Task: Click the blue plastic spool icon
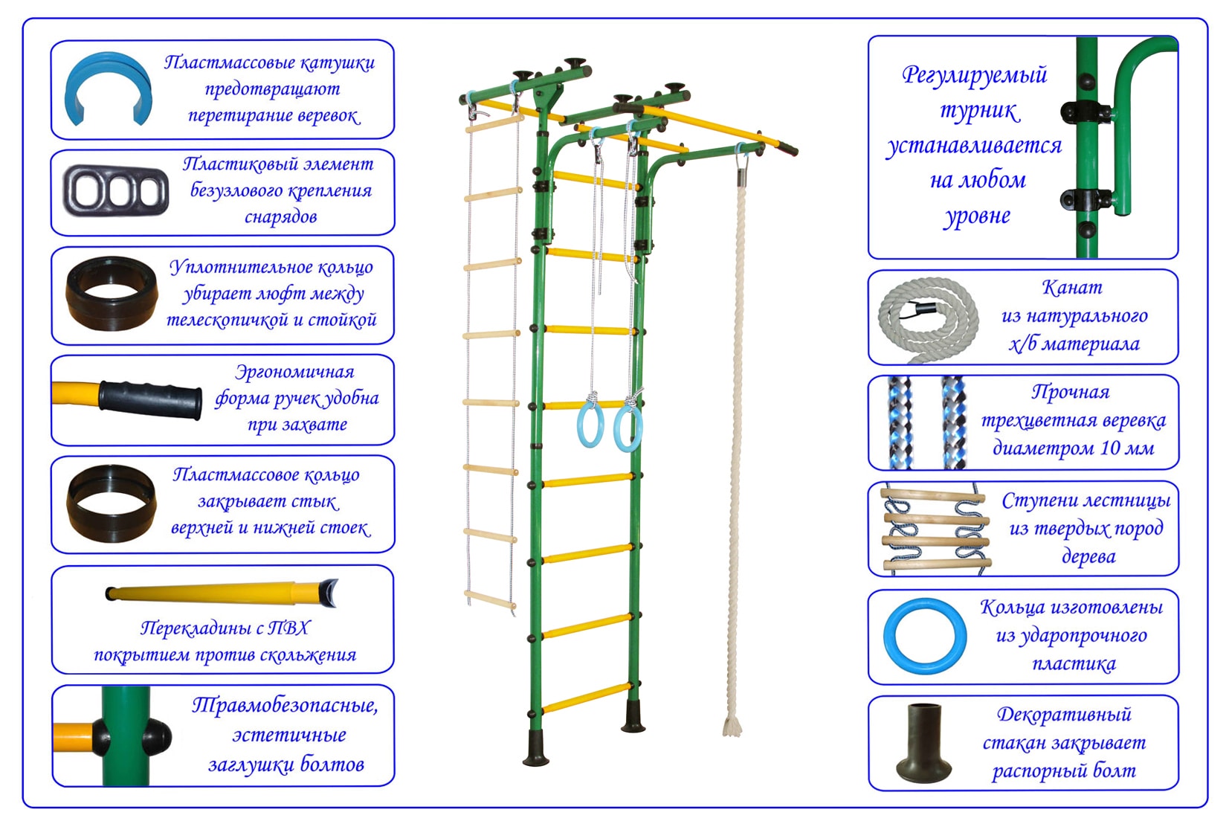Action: tap(109, 88)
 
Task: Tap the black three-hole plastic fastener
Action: tap(116, 191)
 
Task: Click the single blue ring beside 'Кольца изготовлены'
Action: tap(924, 637)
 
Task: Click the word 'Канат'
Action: tap(1071, 288)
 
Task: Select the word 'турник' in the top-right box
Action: tap(978, 110)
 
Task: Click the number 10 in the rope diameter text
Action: tap(1109, 448)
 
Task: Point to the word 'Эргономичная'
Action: tap(294, 372)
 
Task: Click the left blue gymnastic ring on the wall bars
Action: tap(590, 424)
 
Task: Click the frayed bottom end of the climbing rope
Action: tap(732, 724)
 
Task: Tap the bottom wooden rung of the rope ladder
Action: tap(490, 599)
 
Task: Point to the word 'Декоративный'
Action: tap(1063, 715)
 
